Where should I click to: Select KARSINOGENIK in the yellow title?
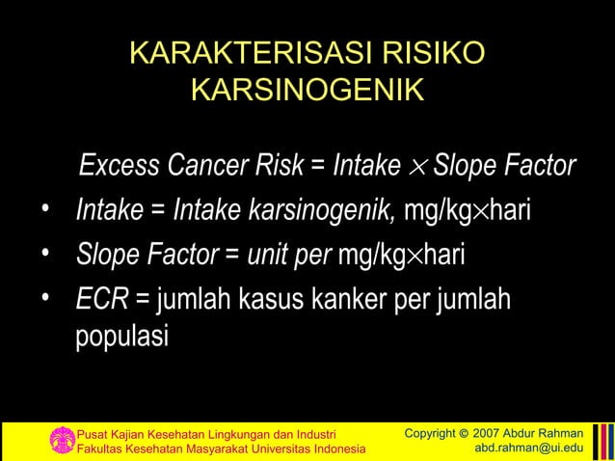pyautogui.click(x=307, y=92)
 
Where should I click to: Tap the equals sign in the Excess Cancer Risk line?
pyautogui.click(x=317, y=167)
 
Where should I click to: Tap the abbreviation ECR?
pyautogui.click(x=102, y=300)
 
